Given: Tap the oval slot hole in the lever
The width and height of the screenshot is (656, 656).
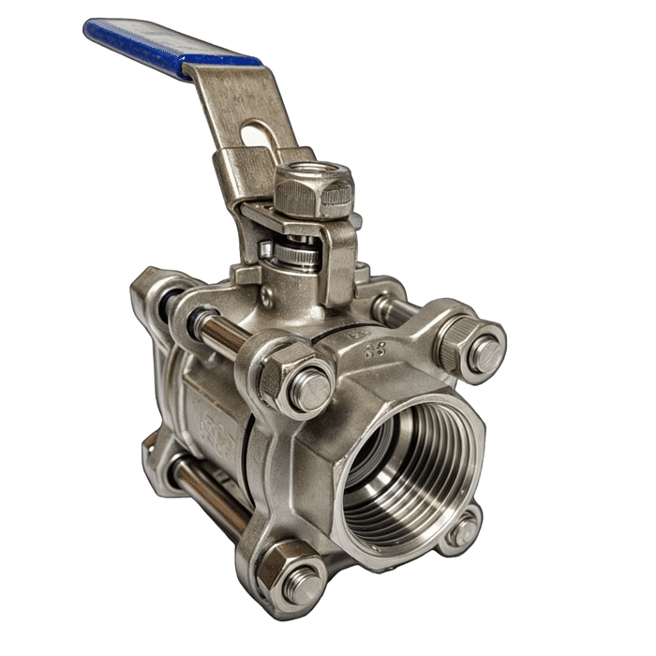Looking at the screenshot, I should click(x=262, y=138).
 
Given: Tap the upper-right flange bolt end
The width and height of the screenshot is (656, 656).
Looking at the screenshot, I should click(x=485, y=353).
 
